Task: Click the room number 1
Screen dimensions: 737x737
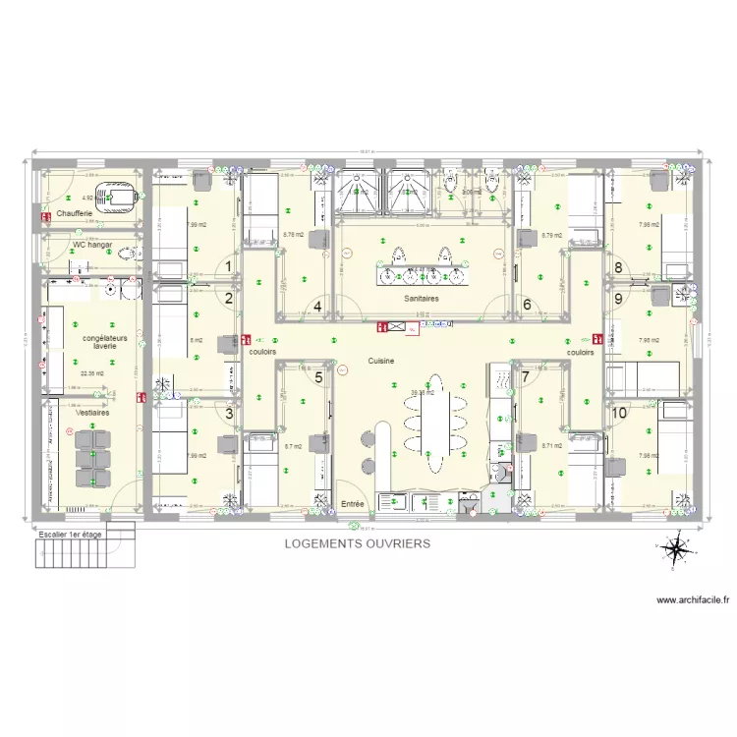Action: click(229, 265)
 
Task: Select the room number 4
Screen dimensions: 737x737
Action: click(317, 305)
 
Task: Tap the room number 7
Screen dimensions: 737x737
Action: click(526, 376)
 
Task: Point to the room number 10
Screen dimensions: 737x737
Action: click(619, 414)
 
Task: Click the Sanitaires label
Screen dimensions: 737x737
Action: click(420, 298)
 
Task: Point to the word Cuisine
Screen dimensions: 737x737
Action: click(381, 361)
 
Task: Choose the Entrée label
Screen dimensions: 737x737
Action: click(352, 504)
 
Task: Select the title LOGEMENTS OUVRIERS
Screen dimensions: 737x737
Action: click(357, 542)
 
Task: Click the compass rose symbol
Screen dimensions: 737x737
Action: click(675, 549)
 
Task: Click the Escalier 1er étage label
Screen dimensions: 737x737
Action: click(72, 533)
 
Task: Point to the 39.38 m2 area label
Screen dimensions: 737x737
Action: click(422, 393)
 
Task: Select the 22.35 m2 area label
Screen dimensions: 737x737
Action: click(90, 373)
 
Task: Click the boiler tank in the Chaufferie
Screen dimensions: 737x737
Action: click(119, 197)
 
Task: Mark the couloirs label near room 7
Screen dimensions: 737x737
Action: click(580, 352)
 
